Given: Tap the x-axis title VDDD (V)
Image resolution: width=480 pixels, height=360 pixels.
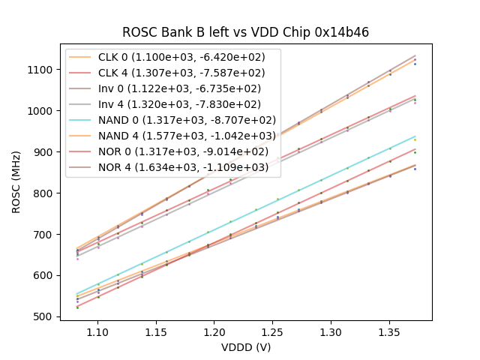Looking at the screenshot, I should click(245, 347).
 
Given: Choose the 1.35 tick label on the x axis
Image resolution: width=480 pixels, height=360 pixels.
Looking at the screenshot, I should click(389, 331).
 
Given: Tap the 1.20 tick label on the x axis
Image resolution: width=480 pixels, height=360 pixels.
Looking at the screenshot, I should click(214, 331).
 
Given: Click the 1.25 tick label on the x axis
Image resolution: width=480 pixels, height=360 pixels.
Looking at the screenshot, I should click(273, 331).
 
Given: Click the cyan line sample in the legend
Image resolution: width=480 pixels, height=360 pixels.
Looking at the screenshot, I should click(81, 120).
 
